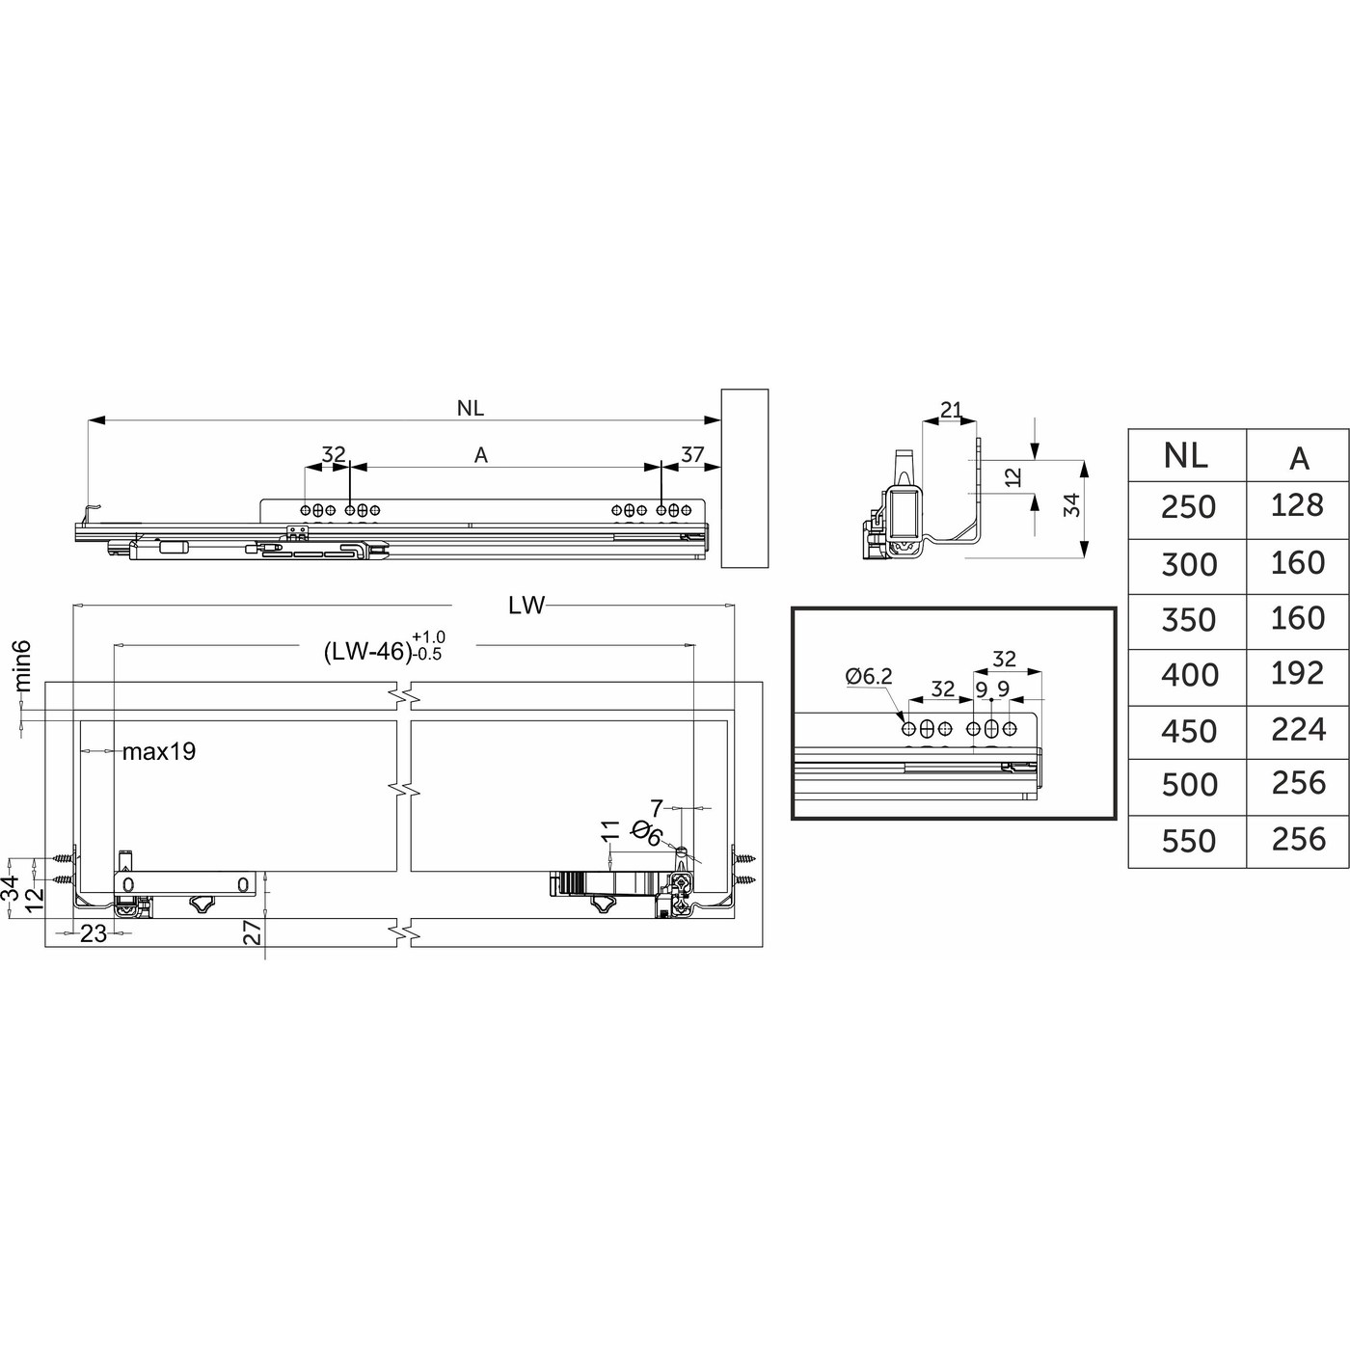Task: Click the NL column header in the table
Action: pyautogui.click(x=1186, y=455)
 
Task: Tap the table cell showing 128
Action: pyautogui.click(x=1298, y=505)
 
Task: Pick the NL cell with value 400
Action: pyautogui.click(x=1189, y=675)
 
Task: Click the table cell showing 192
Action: pyautogui.click(x=1298, y=673)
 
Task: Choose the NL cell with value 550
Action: pyautogui.click(x=1189, y=841)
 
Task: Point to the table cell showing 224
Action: pyautogui.click(x=1299, y=729)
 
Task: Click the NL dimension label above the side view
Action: pyautogui.click(x=470, y=409)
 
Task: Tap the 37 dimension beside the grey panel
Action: pyautogui.click(x=692, y=455)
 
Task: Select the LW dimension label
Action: pyautogui.click(x=526, y=606)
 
